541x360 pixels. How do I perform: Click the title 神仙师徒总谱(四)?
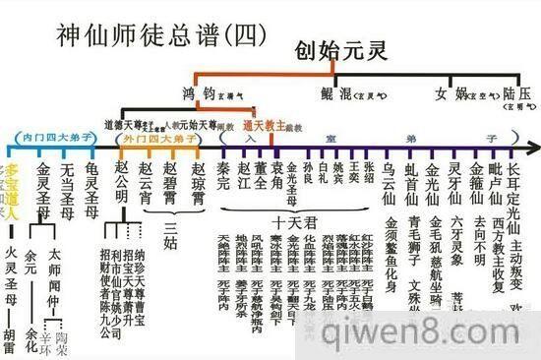coord(148,32)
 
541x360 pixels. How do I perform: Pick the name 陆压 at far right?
coord(515,94)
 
